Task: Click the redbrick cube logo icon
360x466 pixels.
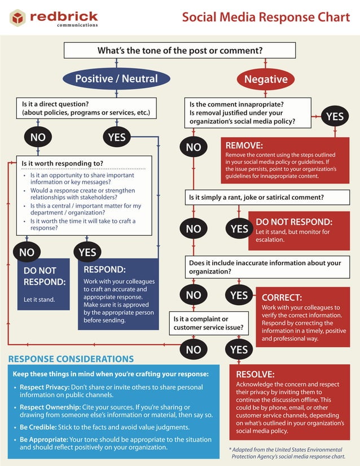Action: [x=17, y=17]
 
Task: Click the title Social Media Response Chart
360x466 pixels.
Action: [x=266, y=17]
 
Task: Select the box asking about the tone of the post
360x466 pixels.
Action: [x=180, y=50]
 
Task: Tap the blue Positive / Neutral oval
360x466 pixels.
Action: [x=116, y=78]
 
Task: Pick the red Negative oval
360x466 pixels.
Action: [x=266, y=79]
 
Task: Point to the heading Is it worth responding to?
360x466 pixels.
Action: [x=63, y=164]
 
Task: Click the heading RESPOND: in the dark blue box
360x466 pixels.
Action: [x=104, y=270]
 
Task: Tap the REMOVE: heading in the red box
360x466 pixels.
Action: [x=244, y=146]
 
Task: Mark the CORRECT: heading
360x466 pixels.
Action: [x=282, y=297]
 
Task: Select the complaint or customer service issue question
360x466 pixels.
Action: [x=208, y=323]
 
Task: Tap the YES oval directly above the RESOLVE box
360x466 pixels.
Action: [x=239, y=349]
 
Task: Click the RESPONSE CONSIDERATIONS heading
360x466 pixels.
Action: [x=71, y=359]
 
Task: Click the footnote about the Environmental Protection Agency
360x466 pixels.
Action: [x=287, y=453]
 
